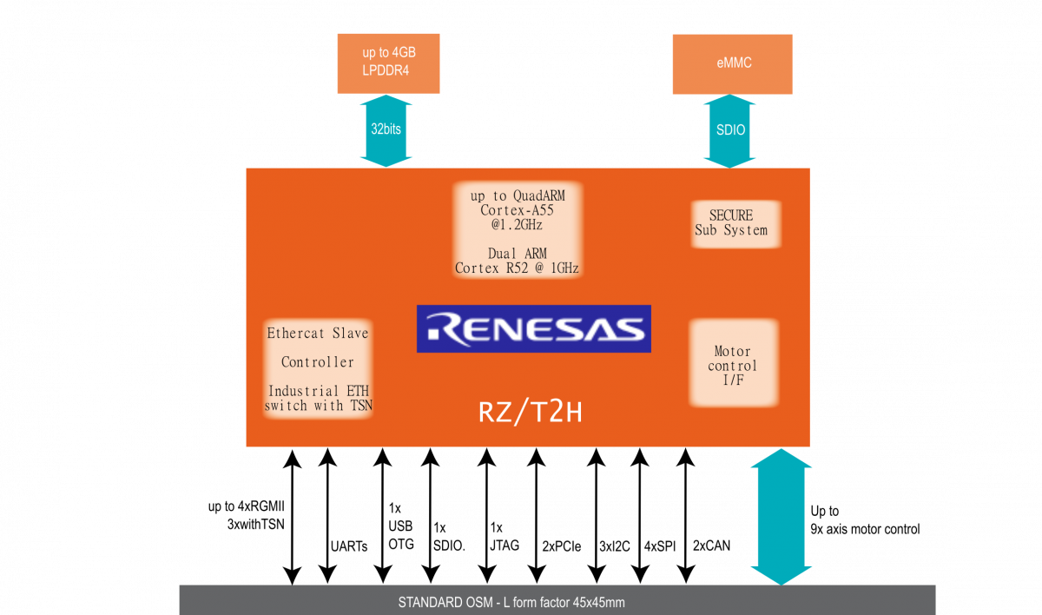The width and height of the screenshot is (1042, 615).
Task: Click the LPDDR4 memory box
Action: (x=389, y=63)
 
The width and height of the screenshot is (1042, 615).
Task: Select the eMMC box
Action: (x=732, y=63)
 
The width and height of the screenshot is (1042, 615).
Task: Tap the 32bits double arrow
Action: (x=386, y=129)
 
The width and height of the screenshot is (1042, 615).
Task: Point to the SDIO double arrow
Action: (x=730, y=130)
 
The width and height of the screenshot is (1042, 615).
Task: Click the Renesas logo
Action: (x=533, y=328)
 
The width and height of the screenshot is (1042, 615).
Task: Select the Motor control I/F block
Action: (x=733, y=365)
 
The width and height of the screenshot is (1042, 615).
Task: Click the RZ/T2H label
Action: (x=530, y=413)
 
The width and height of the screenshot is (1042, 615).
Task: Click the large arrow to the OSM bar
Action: (x=780, y=515)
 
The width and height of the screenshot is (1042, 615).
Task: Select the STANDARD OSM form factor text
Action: (x=511, y=602)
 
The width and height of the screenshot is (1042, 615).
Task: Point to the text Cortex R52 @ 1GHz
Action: (x=518, y=268)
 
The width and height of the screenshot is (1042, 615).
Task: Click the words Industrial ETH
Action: (x=318, y=391)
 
